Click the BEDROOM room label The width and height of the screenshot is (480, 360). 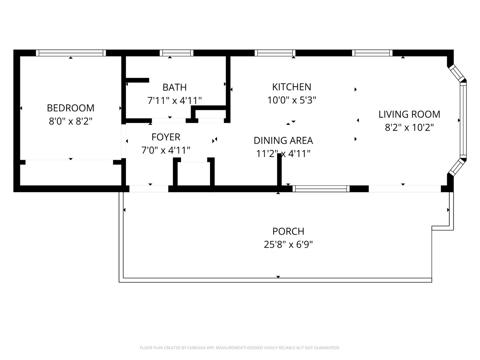(70, 108)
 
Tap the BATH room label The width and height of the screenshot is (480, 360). (174, 87)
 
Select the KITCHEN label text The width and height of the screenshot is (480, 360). (292, 87)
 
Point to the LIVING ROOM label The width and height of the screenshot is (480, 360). (409, 114)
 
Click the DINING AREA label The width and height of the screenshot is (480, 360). (283, 140)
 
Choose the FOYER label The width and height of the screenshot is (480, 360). (166, 137)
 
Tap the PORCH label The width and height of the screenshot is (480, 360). (288, 231)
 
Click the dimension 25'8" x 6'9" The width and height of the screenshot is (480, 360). (288, 245)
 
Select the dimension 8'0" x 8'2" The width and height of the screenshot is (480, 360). (70, 121)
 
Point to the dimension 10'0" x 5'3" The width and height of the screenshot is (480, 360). (292, 100)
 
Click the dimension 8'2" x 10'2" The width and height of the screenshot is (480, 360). (409, 127)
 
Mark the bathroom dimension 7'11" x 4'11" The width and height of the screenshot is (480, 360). (174, 100)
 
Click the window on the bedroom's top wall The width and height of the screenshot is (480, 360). (71, 53)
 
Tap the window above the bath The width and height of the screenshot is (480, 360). (176, 53)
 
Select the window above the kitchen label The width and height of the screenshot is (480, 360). (275, 53)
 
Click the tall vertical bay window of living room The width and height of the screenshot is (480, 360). (463, 120)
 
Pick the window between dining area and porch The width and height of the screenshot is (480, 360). (321, 189)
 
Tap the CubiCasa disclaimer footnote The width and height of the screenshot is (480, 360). (240, 348)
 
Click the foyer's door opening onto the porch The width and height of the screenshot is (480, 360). (149, 189)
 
